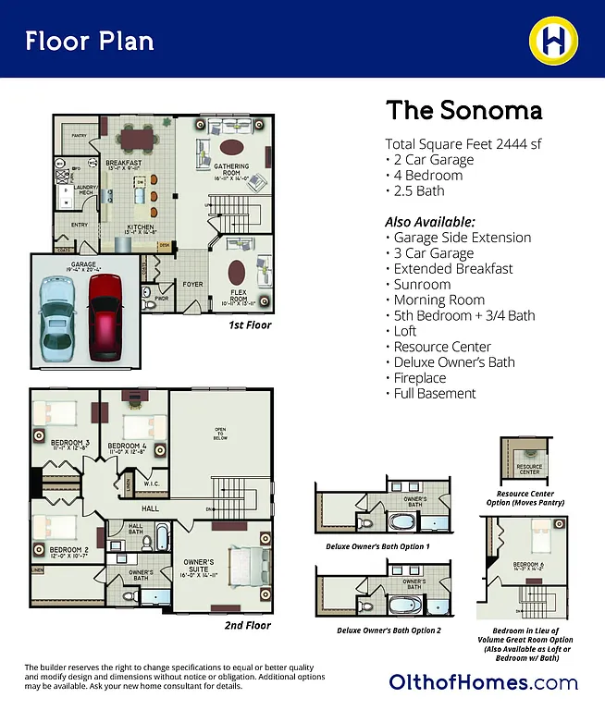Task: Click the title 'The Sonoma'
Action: tap(463, 111)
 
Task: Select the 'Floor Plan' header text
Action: tap(90, 41)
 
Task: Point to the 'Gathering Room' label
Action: tap(232, 170)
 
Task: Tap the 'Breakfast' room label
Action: tap(123, 165)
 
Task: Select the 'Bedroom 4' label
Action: tap(128, 448)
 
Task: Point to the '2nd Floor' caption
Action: tap(248, 626)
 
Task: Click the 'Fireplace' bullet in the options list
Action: tap(419, 377)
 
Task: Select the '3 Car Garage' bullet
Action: tap(433, 253)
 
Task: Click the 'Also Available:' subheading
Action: tap(429, 222)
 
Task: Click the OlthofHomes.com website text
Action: tap(483, 683)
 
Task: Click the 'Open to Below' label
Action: tap(221, 434)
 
